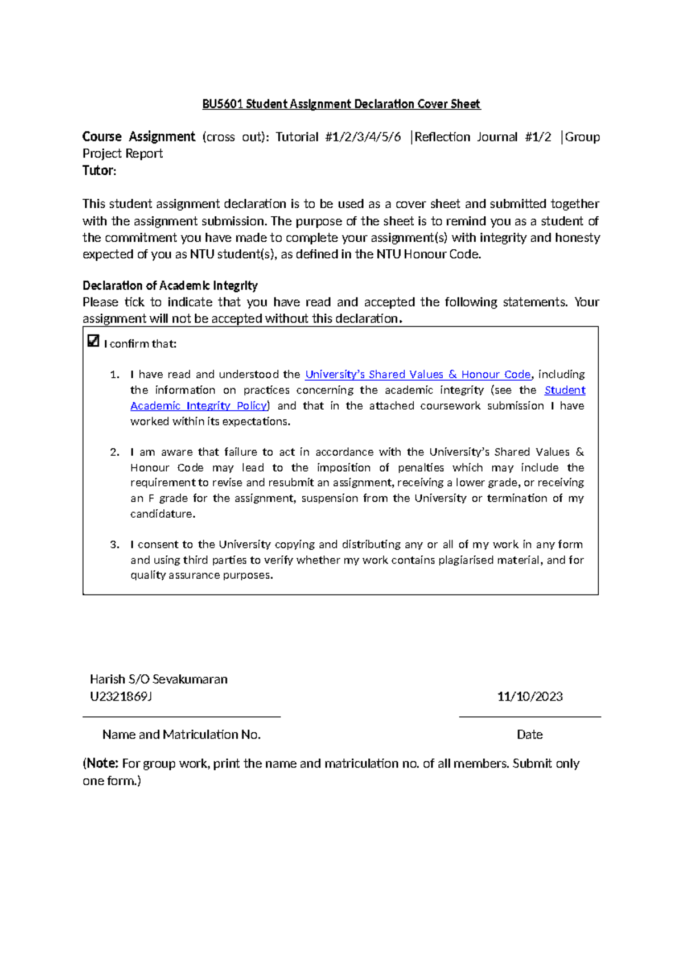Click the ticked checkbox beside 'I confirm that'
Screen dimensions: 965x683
point(93,341)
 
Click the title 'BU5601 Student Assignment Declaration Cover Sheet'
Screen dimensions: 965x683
point(341,104)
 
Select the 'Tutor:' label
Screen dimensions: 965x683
point(99,171)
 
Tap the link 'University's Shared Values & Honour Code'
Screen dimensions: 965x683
point(418,374)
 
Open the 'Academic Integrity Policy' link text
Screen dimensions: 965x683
point(199,406)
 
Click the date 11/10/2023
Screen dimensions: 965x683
point(529,696)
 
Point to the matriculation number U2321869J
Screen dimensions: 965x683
point(121,696)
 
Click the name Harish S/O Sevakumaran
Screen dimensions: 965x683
point(159,679)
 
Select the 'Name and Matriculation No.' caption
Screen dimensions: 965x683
point(182,735)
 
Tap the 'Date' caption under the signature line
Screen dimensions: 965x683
point(529,735)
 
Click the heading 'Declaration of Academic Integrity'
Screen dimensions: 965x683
point(170,286)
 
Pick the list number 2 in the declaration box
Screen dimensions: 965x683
point(114,452)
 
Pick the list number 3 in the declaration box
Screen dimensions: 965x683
point(114,545)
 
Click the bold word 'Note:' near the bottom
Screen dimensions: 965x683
point(102,764)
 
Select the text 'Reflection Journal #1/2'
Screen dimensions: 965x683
point(483,137)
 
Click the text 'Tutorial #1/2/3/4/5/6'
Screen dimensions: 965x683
point(338,137)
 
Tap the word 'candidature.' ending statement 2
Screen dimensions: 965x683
point(163,514)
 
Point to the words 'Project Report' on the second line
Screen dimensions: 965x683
point(123,154)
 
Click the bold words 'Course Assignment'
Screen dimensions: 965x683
point(139,137)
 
